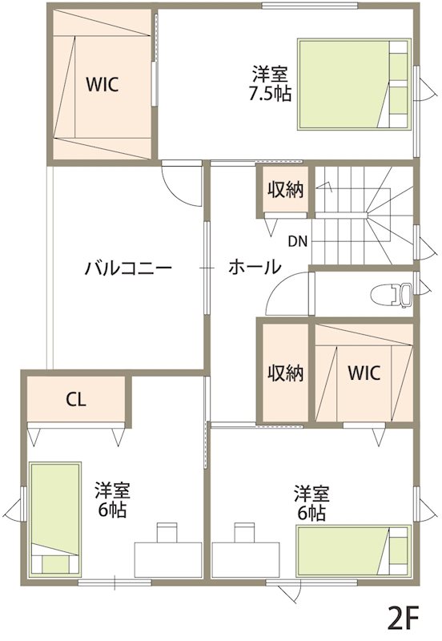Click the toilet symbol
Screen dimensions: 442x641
(x=392, y=295)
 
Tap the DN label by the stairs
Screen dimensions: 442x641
(x=297, y=242)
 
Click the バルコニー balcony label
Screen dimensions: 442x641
(x=128, y=268)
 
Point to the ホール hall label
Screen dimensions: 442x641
(x=255, y=268)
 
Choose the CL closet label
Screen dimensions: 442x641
(x=76, y=400)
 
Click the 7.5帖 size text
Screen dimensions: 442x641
(x=270, y=95)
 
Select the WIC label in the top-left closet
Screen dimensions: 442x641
(x=102, y=85)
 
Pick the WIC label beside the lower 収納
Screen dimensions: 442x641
(x=364, y=373)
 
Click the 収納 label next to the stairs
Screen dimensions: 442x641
(x=286, y=190)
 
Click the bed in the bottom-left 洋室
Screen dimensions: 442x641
(x=55, y=519)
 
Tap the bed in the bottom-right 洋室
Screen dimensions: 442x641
(x=353, y=550)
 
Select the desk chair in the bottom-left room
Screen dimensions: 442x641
(x=167, y=532)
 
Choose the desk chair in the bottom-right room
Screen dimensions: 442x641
(x=245, y=532)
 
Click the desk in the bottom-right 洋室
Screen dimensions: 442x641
(x=246, y=559)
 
